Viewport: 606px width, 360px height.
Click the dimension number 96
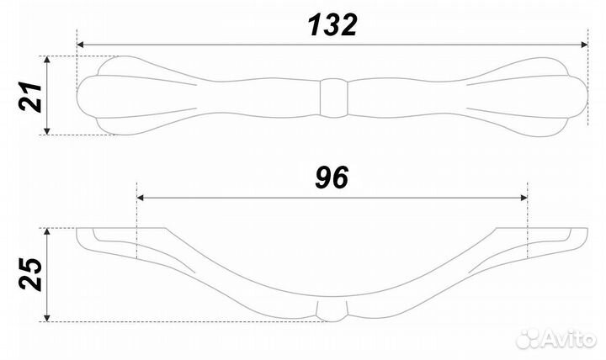pyautogui.click(x=332, y=177)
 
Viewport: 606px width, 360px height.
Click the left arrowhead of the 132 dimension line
pyautogui.click(x=82, y=45)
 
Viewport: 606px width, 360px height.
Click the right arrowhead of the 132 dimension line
pyautogui.click(x=582, y=45)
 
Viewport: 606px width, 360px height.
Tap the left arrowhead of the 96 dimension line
pyautogui.click(x=141, y=198)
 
